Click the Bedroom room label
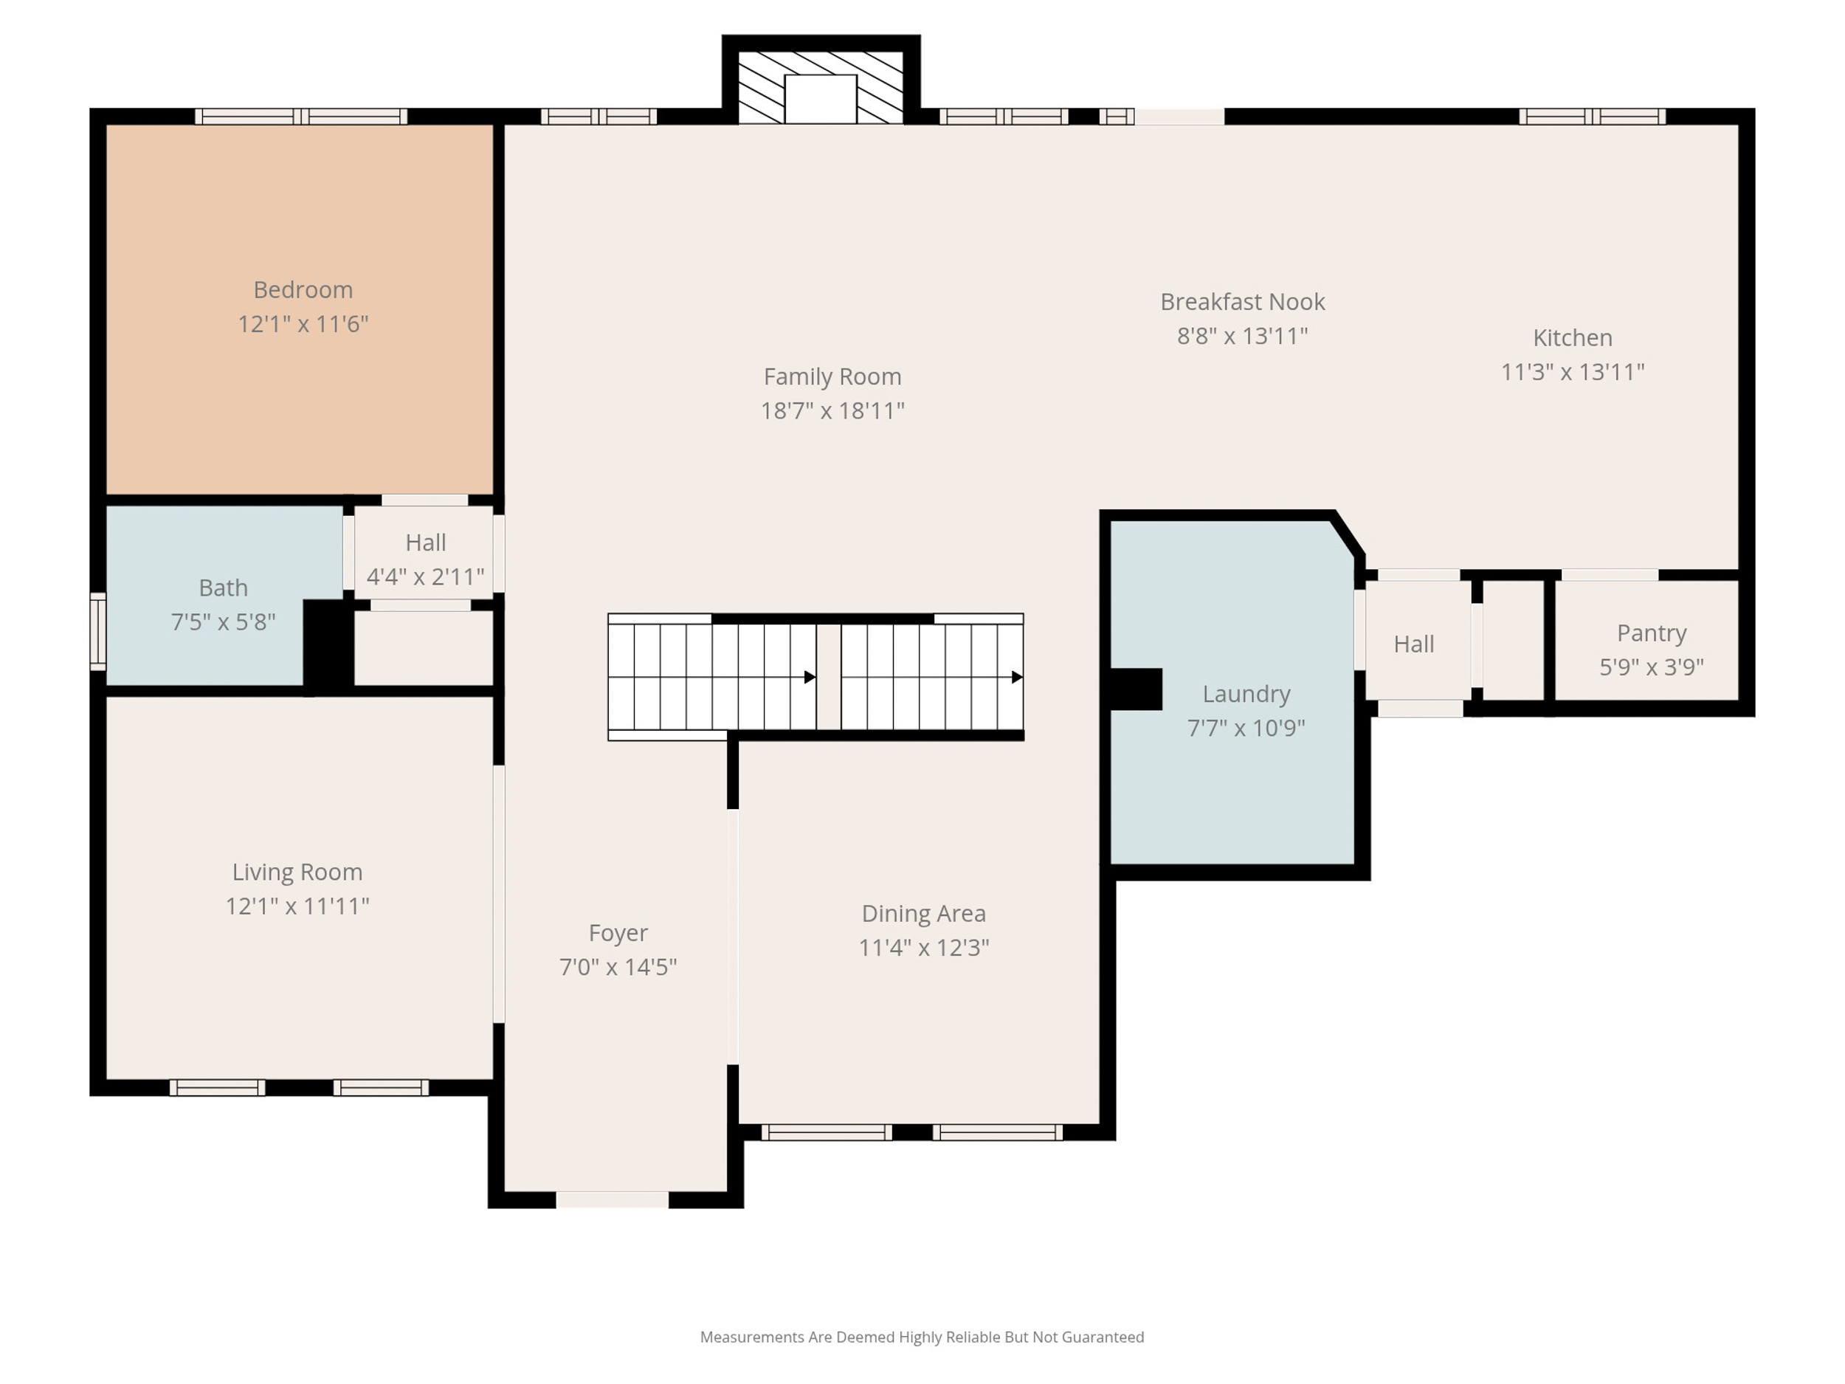tap(303, 289)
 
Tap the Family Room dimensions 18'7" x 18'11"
tap(832, 410)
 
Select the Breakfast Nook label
tap(1242, 301)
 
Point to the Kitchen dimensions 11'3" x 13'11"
tap(1572, 372)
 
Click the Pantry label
tap(1651, 633)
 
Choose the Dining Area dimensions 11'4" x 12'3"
tap(923, 948)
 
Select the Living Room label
tap(297, 872)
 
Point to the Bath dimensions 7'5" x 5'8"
tap(223, 622)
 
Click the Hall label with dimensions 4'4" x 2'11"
tap(425, 543)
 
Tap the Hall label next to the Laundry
tap(1413, 644)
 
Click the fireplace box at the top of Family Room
tap(821, 98)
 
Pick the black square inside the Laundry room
tap(1135, 689)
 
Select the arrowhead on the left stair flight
tap(809, 678)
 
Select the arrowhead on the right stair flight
tap(1017, 678)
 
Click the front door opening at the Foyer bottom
tap(613, 1199)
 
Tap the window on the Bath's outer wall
tap(97, 632)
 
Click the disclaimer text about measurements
tap(922, 1337)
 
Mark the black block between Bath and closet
tap(328, 644)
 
